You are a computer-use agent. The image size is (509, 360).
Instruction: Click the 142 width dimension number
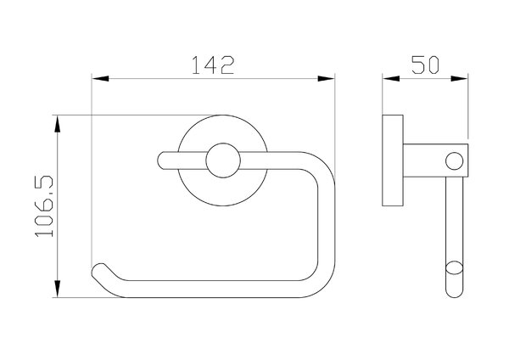point(213,65)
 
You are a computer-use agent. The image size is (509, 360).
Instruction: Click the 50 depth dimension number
point(425,65)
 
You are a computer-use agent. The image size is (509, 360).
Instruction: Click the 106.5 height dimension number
point(44,206)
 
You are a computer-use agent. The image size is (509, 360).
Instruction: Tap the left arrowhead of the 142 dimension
point(100,79)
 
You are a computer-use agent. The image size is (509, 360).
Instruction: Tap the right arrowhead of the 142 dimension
point(326,79)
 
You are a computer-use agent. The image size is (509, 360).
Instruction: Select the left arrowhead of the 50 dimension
point(391,79)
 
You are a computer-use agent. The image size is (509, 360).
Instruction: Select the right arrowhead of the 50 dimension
point(459,79)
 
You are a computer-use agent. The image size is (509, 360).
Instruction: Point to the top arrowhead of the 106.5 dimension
point(58,124)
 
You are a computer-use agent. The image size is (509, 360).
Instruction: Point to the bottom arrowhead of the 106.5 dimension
point(58,289)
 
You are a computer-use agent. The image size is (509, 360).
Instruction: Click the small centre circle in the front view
point(223,160)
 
